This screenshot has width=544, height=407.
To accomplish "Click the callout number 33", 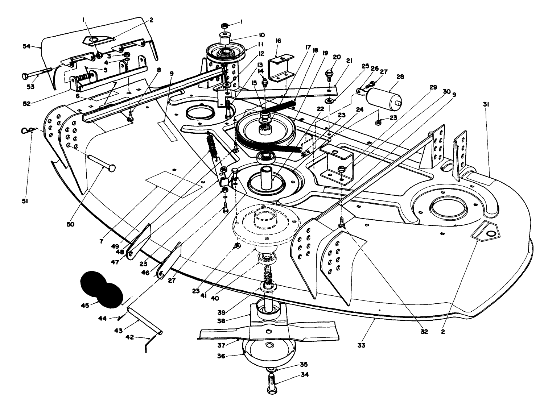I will click(361, 345).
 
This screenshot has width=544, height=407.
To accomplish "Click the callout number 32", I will click(424, 332).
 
